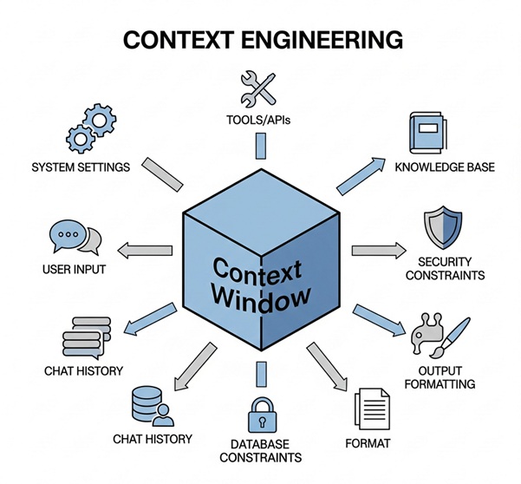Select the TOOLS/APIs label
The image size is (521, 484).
tap(258, 120)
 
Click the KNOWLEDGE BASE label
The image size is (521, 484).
tap(444, 167)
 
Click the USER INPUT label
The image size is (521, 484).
tap(74, 270)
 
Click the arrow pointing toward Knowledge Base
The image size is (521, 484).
tap(358, 173)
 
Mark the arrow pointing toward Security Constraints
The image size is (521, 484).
tap(378, 251)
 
